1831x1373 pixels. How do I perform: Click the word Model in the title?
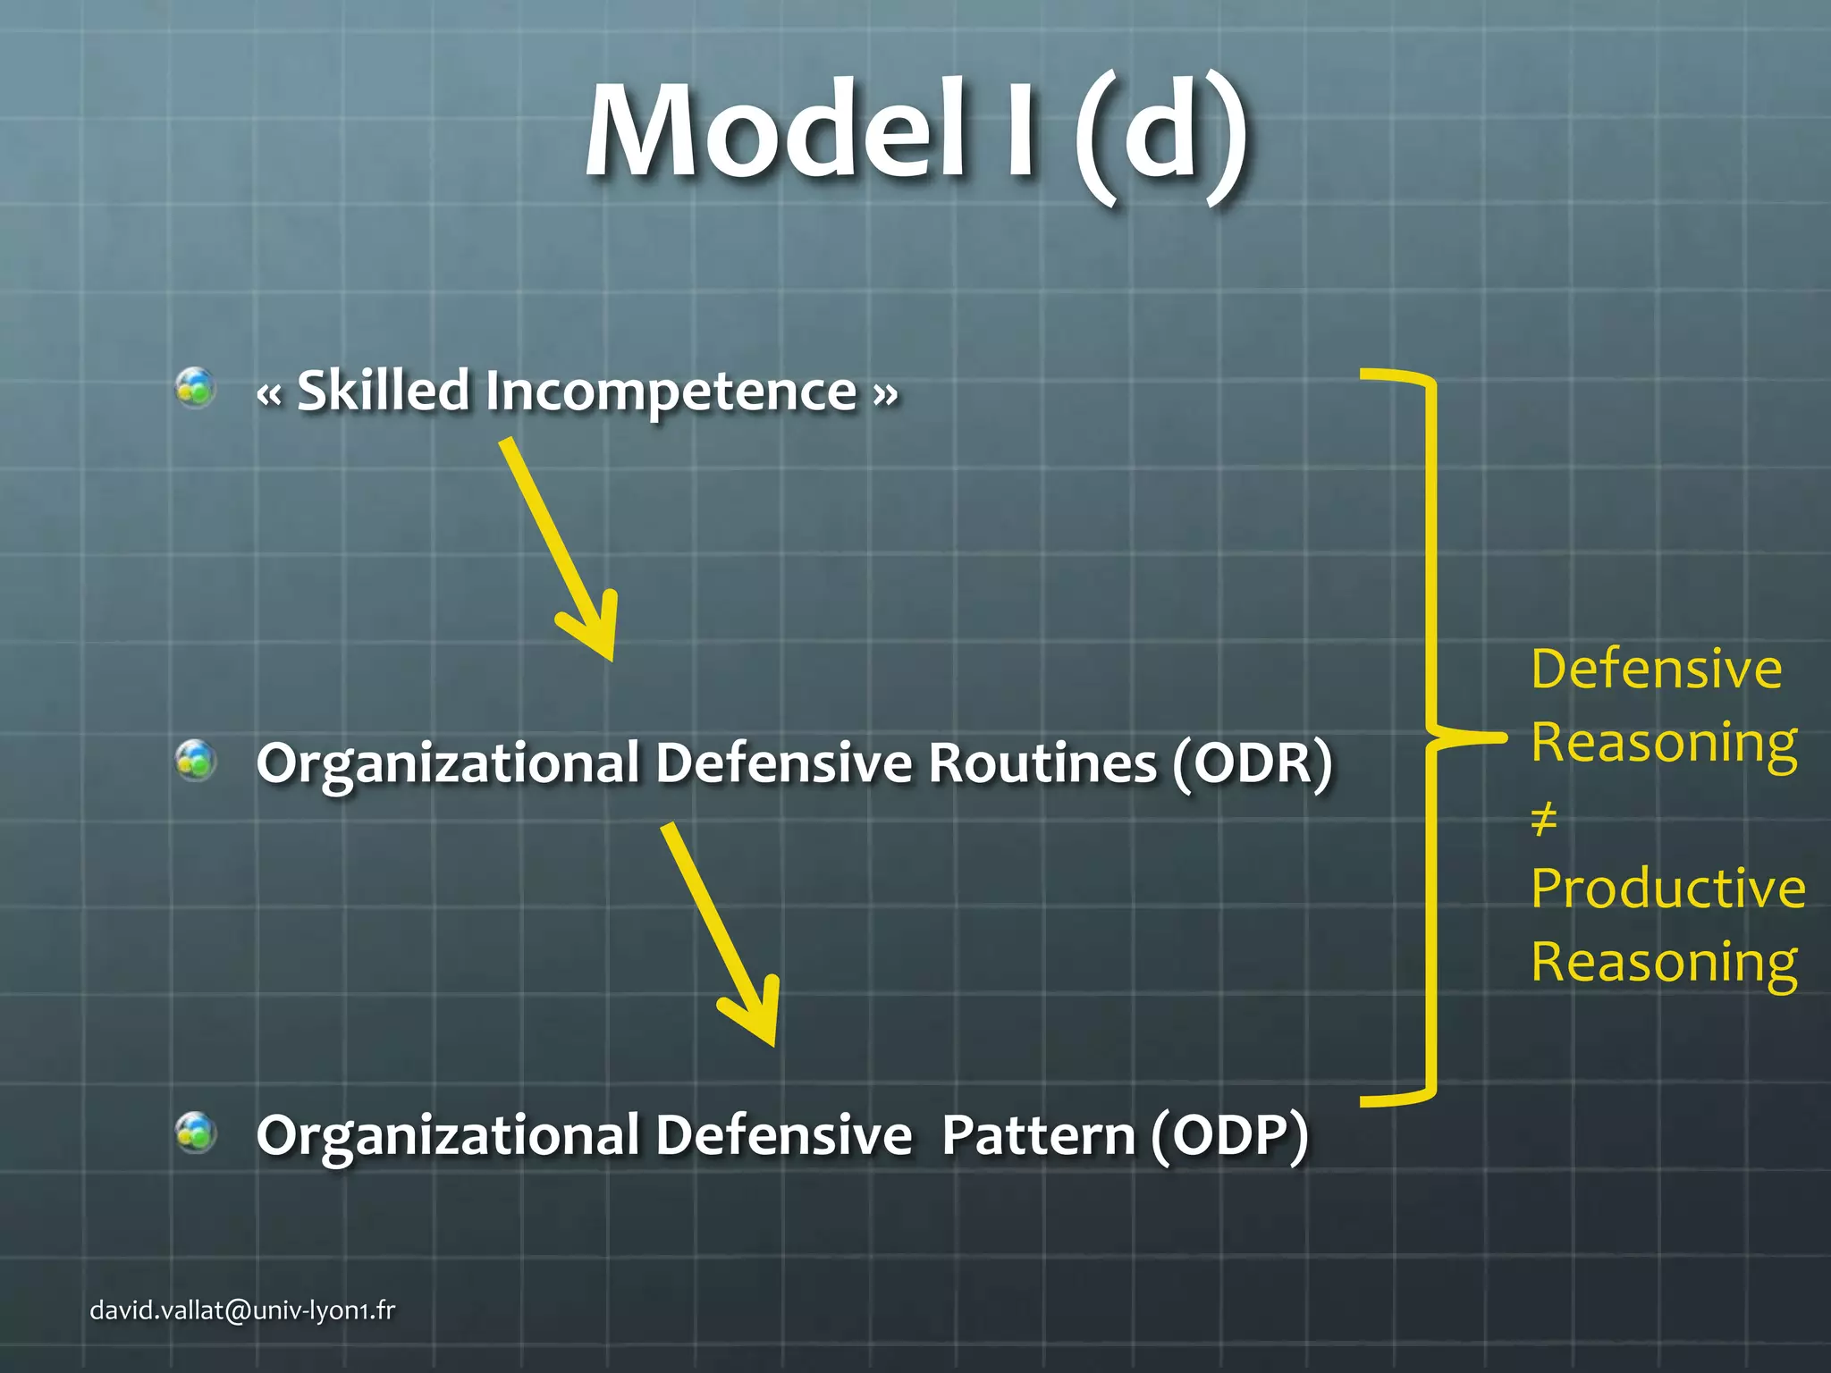coord(774,132)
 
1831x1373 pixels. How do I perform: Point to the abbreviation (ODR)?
coord(1252,763)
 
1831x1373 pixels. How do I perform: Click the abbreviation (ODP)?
coord(1229,1136)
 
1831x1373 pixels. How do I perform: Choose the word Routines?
coord(1042,763)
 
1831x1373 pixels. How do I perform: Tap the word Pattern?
coord(1037,1136)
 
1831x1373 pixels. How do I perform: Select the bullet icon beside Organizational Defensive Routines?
coord(196,761)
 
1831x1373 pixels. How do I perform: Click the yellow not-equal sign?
coord(1544,818)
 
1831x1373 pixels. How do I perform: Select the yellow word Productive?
coord(1667,889)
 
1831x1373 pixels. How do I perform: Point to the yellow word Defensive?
coord(1656,670)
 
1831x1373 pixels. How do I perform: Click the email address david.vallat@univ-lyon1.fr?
coord(242,1310)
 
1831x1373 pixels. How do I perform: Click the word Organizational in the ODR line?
coord(447,765)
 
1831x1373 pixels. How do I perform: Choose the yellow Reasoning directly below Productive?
coord(1664,964)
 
